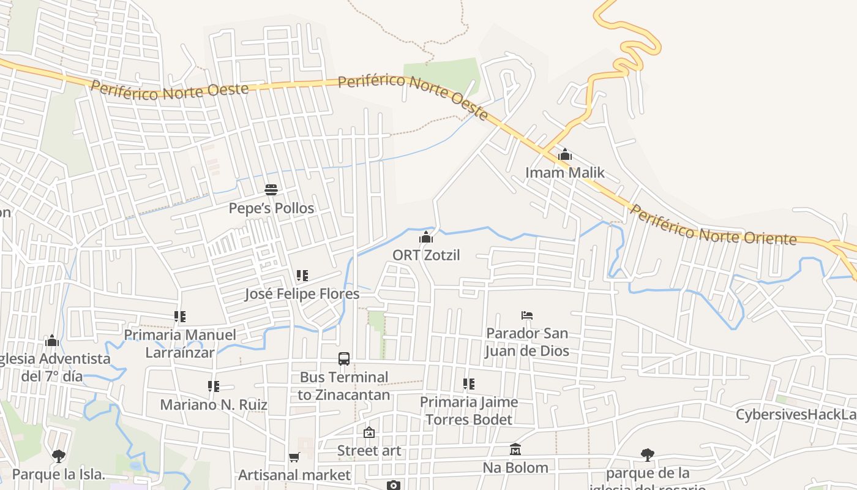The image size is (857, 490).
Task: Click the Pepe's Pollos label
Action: (x=271, y=208)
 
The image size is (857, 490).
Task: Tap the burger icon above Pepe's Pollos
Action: (x=271, y=190)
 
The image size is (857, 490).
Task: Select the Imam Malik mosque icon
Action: (x=564, y=155)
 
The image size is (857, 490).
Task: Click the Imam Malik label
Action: (x=564, y=173)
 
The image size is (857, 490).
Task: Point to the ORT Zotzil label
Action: (x=426, y=255)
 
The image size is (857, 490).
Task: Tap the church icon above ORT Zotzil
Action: (x=426, y=237)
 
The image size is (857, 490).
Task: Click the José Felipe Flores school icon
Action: (x=302, y=276)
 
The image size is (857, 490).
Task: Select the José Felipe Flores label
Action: (x=302, y=294)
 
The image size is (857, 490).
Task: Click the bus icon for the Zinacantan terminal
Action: (x=344, y=359)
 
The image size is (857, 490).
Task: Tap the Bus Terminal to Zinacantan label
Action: (x=344, y=386)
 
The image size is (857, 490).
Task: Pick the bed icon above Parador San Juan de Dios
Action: (x=527, y=315)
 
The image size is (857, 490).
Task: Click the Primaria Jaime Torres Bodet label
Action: (x=469, y=410)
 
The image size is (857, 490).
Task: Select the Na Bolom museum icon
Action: (x=515, y=450)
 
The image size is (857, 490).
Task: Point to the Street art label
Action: (x=369, y=451)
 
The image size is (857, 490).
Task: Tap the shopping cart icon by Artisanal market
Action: (x=294, y=457)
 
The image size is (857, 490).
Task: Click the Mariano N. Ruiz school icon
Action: (x=213, y=386)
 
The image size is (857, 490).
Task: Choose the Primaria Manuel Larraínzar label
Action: (x=180, y=343)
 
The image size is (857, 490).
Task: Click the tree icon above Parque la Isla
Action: (x=59, y=456)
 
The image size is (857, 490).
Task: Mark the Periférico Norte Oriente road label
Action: (x=713, y=226)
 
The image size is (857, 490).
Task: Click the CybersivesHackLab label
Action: (x=796, y=415)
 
